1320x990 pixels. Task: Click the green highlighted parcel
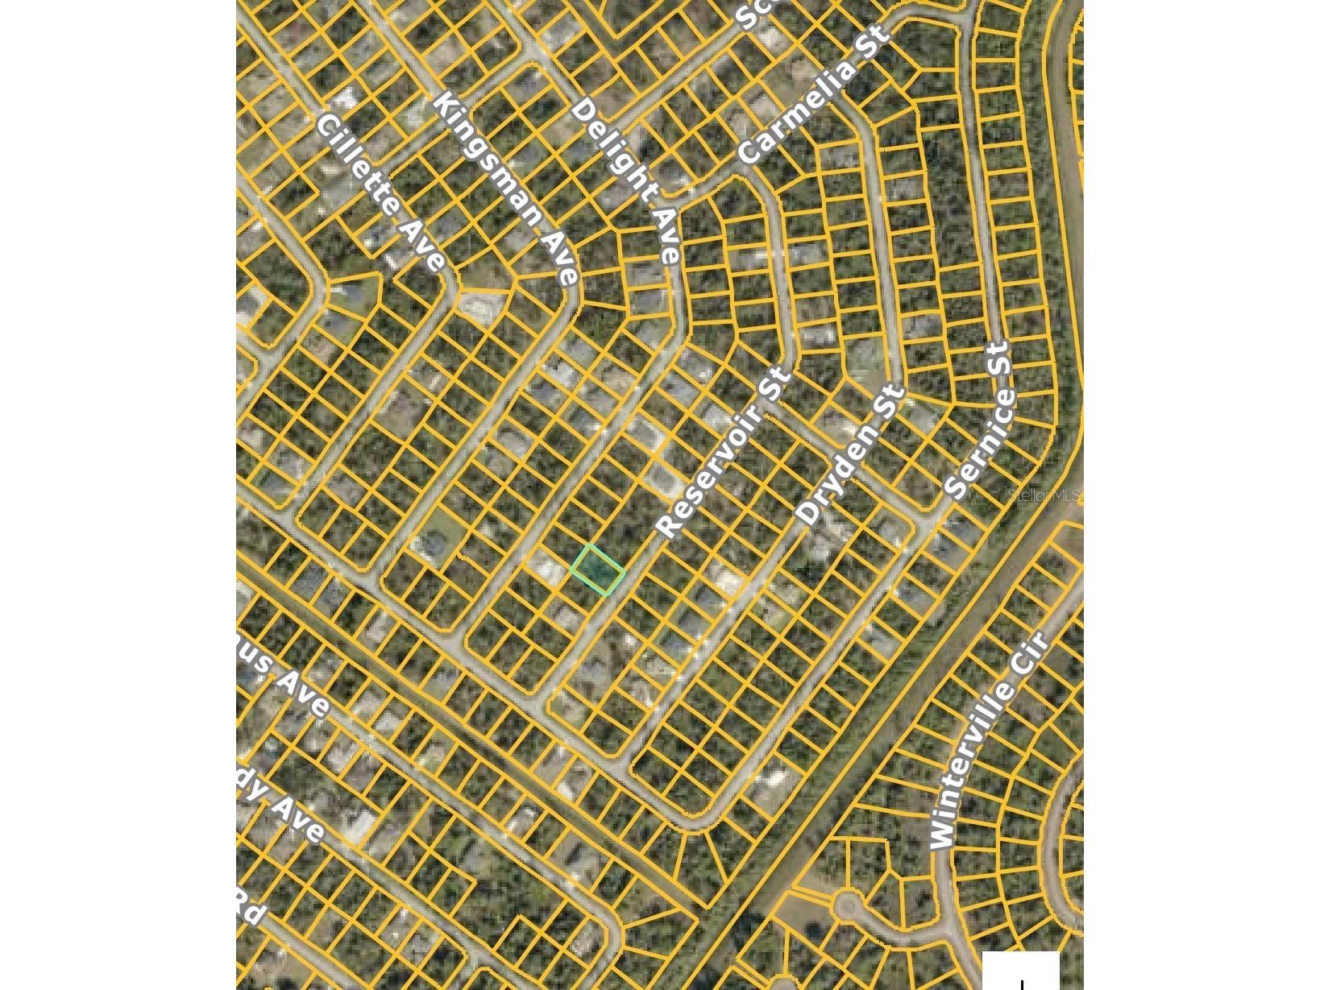pyautogui.click(x=598, y=570)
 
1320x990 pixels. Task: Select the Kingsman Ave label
pyautogui.click(x=505, y=188)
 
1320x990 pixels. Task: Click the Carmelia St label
pyautogui.click(x=814, y=94)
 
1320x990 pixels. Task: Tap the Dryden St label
pyautogui.click(x=850, y=455)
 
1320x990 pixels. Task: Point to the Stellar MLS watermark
pyautogui.click(x=1044, y=495)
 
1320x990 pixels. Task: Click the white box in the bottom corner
pyautogui.click(x=1020, y=971)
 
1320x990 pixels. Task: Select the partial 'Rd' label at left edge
pyautogui.click(x=251, y=909)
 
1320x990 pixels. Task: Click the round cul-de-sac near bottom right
pyautogui.click(x=845, y=905)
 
